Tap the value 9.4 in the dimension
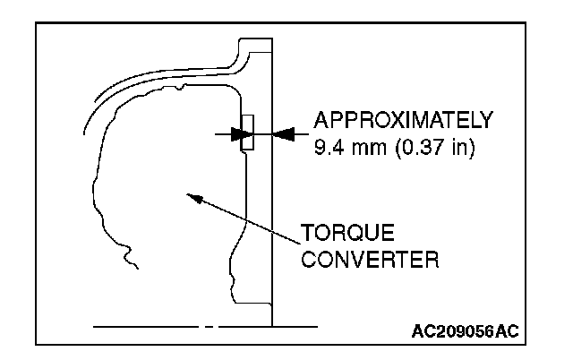(326, 145)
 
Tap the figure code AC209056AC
(464, 331)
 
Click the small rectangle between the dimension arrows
(248, 133)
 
